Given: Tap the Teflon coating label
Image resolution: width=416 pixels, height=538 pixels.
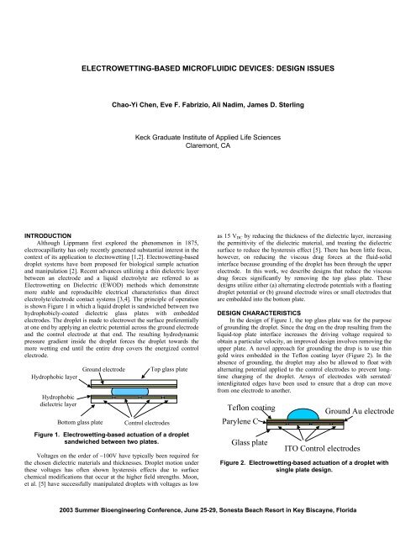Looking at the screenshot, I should click(x=257, y=407).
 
